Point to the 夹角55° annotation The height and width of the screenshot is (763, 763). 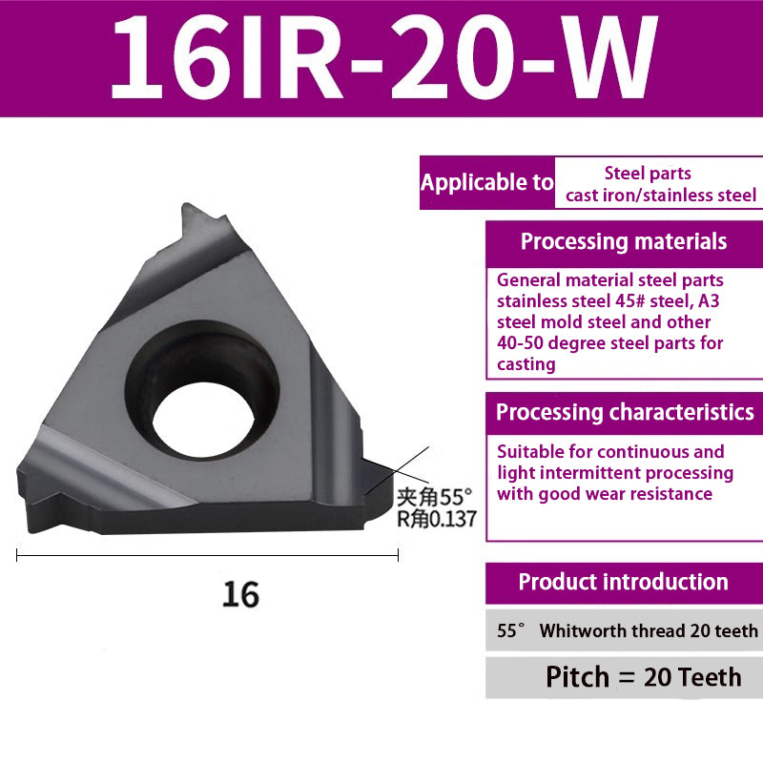pyautogui.click(x=435, y=497)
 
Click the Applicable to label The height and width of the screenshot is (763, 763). pyautogui.click(x=486, y=182)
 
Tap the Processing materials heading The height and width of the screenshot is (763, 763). pyautogui.click(x=624, y=241)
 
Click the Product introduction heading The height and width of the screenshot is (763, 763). pyautogui.click(x=623, y=582)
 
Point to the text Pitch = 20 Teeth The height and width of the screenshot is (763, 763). pyautogui.click(x=643, y=677)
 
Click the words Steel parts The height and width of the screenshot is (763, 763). pyautogui.click(x=648, y=174)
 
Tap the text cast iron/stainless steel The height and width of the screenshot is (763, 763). pyautogui.click(x=661, y=196)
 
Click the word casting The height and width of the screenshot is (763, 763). pyautogui.click(x=526, y=363)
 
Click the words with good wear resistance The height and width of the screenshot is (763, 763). pyautogui.click(x=604, y=493)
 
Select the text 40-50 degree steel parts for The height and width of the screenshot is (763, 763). pyautogui.click(x=609, y=342)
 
